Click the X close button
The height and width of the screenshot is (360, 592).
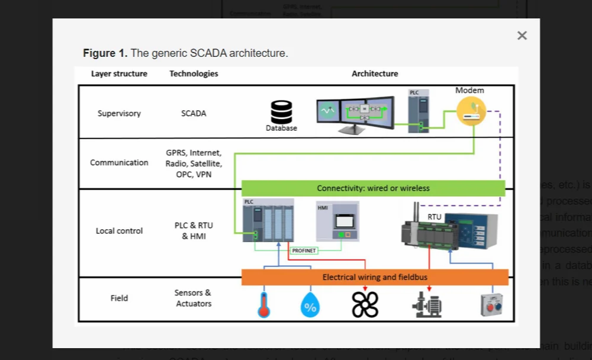tap(522, 36)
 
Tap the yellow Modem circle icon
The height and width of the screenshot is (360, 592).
tap(471, 111)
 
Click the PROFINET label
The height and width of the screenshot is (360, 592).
tap(304, 250)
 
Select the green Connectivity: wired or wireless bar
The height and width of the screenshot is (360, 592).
tap(373, 188)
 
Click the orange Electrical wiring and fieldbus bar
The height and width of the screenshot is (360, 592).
tap(375, 277)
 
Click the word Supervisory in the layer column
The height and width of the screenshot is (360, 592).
tap(119, 113)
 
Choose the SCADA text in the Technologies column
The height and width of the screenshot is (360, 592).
tap(194, 113)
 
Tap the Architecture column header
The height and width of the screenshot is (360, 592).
tap(375, 73)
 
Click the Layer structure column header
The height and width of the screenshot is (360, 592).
tap(119, 73)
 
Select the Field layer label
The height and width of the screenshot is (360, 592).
tap(119, 298)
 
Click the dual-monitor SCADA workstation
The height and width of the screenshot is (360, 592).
tap(355, 115)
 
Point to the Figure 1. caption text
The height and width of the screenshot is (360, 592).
tap(185, 53)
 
